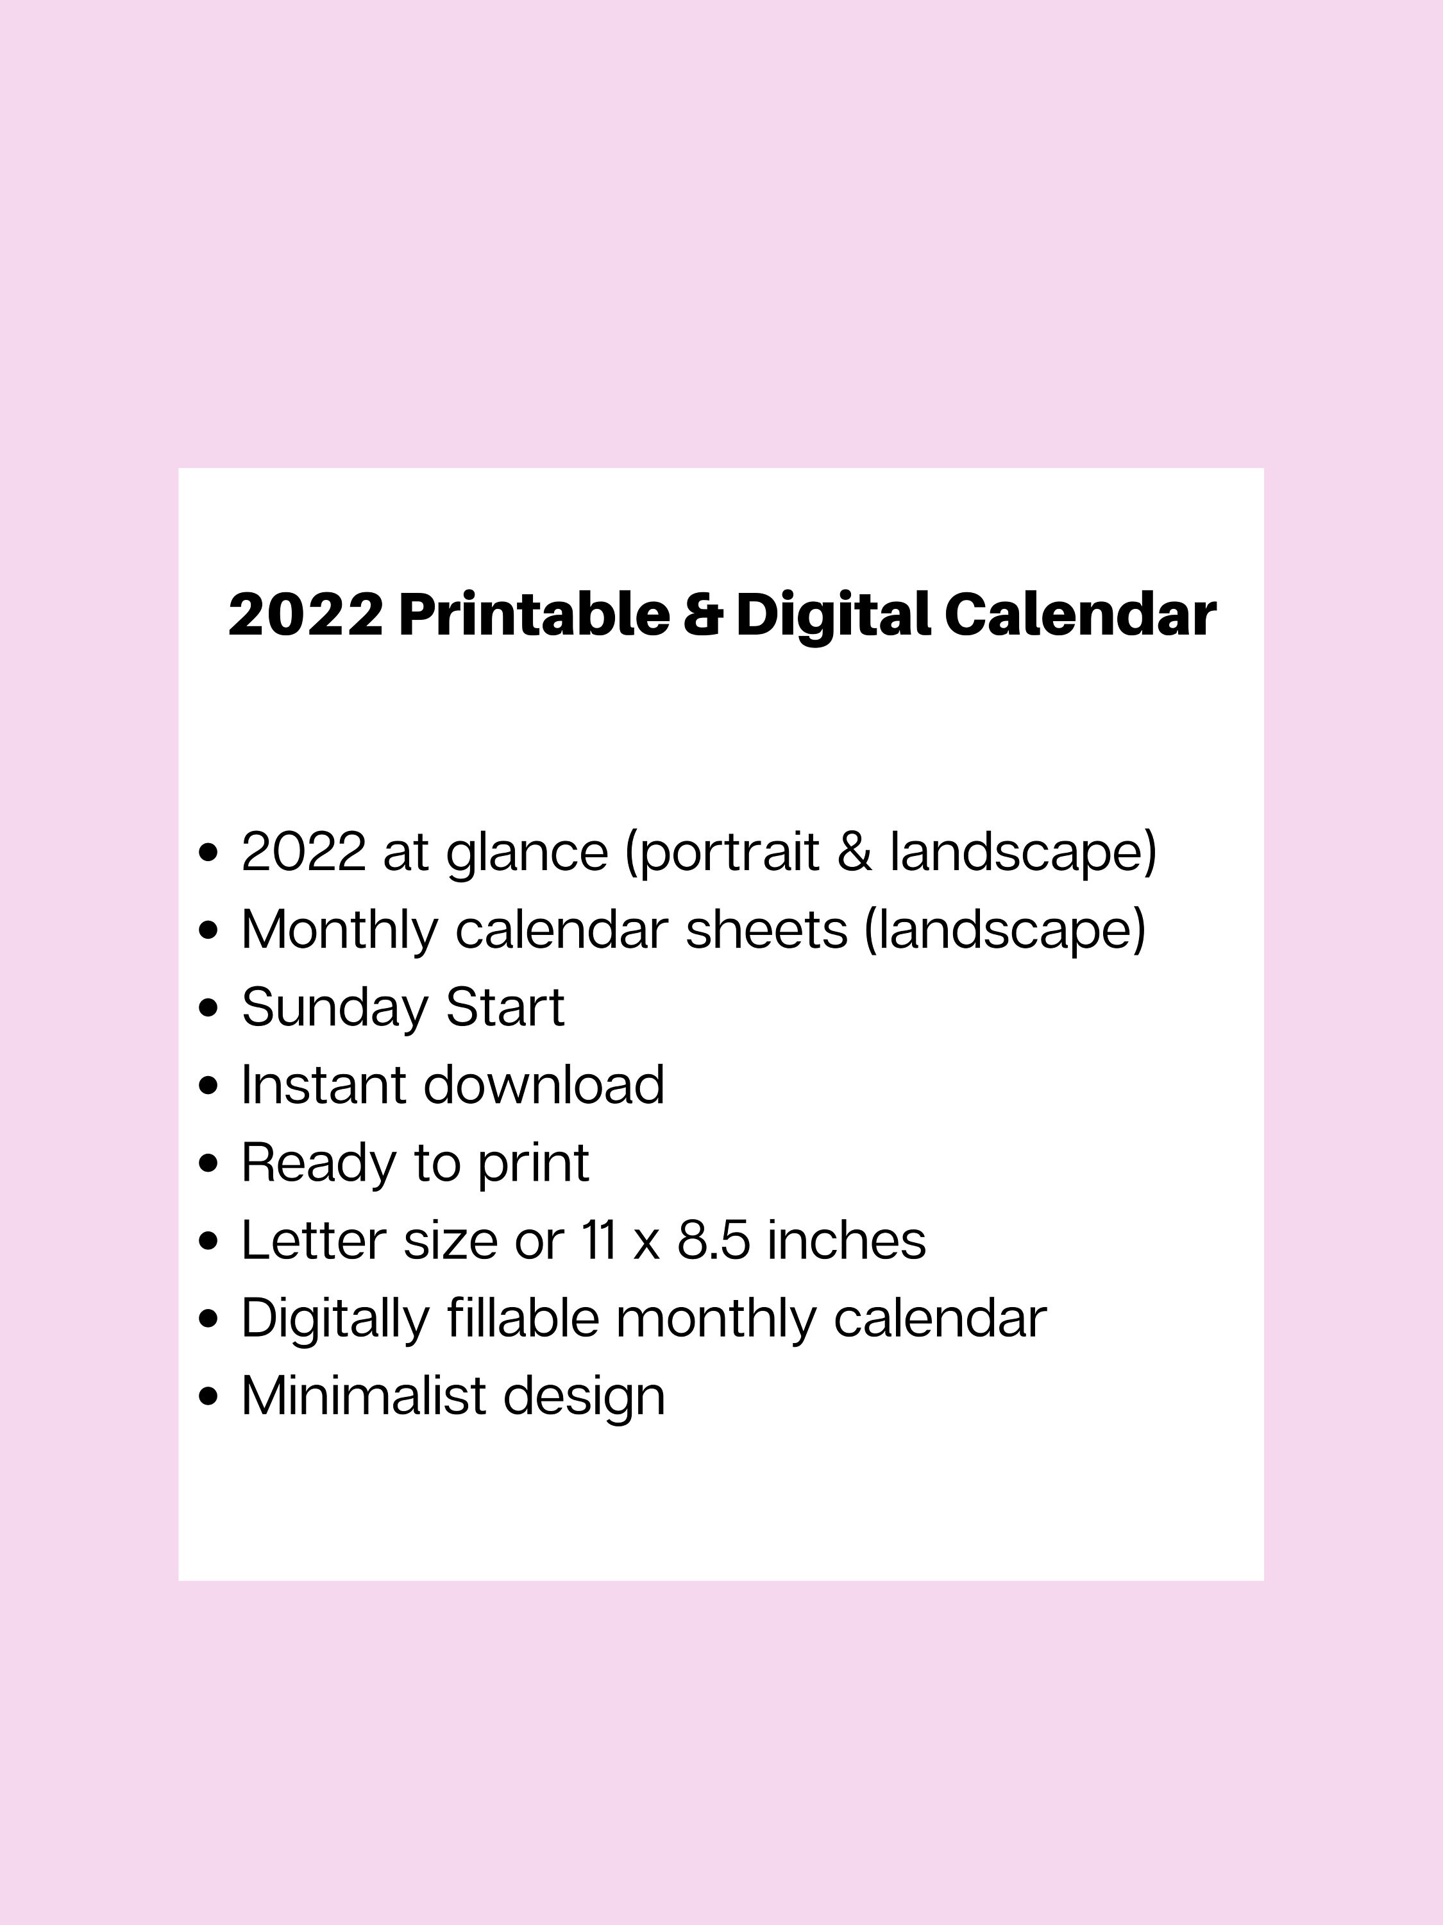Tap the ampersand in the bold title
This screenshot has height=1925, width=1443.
pyautogui.click(x=703, y=615)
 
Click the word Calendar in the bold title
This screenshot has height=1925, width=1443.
pyautogui.click(x=1079, y=615)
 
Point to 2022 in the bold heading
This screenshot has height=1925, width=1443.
pyautogui.click(x=305, y=615)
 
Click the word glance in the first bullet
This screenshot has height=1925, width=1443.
pyautogui.click(x=527, y=853)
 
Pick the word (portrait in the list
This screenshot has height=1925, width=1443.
pyautogui.click(x=722, y=853)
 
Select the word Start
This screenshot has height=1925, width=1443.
pyautogui.click(x=505, y=1007)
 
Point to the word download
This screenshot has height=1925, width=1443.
pyautogui.click(x=544, y=1084)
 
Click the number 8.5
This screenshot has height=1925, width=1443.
pyautogui.click(x=713, y=1240)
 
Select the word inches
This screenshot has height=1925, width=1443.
pyautogui.click(x=847, y=1240)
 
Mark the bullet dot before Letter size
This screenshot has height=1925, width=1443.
pyautogui.click(x=208, y=1241)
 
